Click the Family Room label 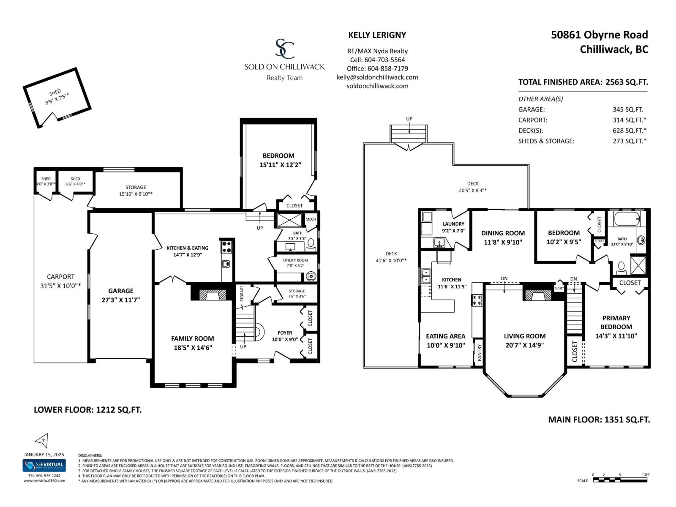point(192,338)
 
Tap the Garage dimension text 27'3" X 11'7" point(121,300)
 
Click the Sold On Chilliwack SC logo point(285,49)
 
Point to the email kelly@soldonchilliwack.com point(377,77)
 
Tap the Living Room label point(524,336)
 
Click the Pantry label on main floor point(479,352)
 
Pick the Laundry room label point(453,224)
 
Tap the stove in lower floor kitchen point(226,246)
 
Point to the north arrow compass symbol point(42,441)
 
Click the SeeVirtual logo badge point(44,465)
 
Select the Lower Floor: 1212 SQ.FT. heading point(87,409)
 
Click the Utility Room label point(295,260)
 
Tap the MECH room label point(311,219)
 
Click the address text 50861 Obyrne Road point(599,35)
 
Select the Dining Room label point(503,233)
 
